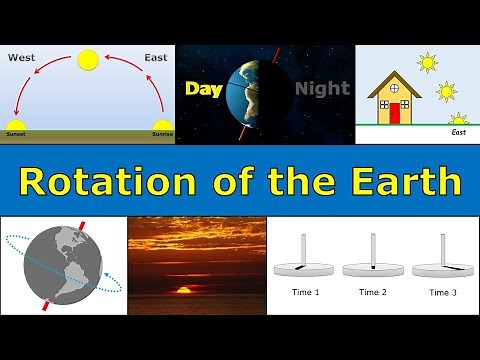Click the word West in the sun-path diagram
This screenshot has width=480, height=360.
pyautogui.click(x=22, y=57)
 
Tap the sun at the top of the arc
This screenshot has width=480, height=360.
pyautogui.click(x=88, y=60)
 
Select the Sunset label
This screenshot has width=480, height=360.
pyautogui.click(x=18, y=132)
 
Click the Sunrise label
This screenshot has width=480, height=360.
pyautogui.click(x=161, y=132)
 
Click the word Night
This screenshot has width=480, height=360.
pyautogui.click(x=322, y=89)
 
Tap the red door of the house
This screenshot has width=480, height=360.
pyautogui.click(x=394, y=112)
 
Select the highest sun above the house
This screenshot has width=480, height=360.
pyautogui.click(x=428, y=62)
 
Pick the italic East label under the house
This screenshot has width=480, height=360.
pyautogui.click(x=459, y=131)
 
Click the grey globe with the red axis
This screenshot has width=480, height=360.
pyautogui.click(x=62, y=265)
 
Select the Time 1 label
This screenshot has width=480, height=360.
pyautogui.click(x=304, y=293)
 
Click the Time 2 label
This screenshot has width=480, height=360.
pyautogui.click(x=373, y=293)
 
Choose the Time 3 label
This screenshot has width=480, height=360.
pyautogui.click(x=442, y=293)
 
